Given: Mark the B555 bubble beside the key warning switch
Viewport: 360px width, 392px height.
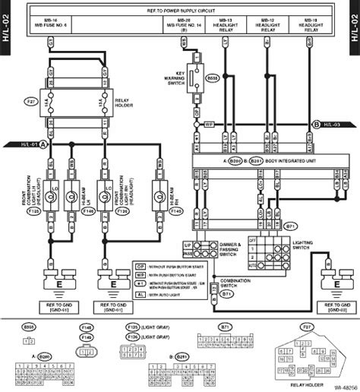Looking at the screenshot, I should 212,77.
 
